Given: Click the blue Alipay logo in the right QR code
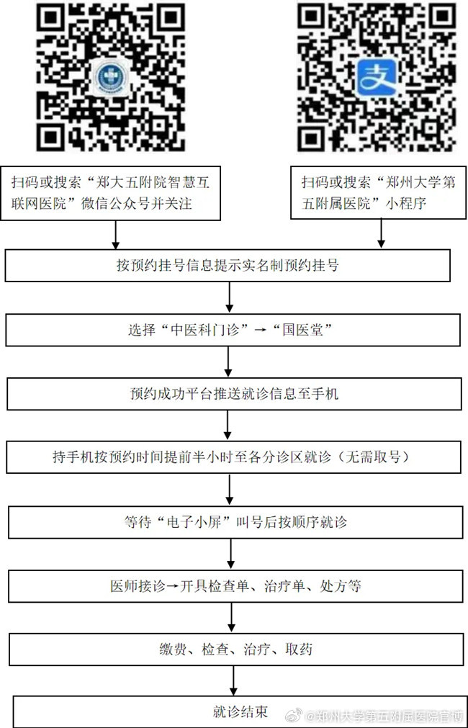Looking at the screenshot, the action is click(377, 78).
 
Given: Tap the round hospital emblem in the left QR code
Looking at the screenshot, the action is click(110, 78).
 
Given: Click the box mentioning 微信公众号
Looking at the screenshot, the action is click(110, 193).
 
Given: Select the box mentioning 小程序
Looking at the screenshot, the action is click(379, 192).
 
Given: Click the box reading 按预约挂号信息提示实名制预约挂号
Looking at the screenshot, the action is click(228, 266).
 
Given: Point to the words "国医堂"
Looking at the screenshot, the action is click(302, 330).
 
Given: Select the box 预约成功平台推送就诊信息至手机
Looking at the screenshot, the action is click(234, 394).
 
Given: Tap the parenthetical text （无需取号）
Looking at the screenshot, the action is click(374, 457).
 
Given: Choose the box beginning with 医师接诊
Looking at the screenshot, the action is click(236, 586).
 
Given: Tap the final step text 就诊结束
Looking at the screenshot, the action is click(240, 711).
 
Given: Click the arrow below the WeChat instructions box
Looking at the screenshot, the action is click(116, 235).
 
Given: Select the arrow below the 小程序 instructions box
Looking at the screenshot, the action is click(381, 233).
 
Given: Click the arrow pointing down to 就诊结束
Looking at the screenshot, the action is click(233, 680).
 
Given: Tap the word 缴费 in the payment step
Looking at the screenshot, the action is click(173, 649).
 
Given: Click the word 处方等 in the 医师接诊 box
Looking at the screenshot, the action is click(341, 586).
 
